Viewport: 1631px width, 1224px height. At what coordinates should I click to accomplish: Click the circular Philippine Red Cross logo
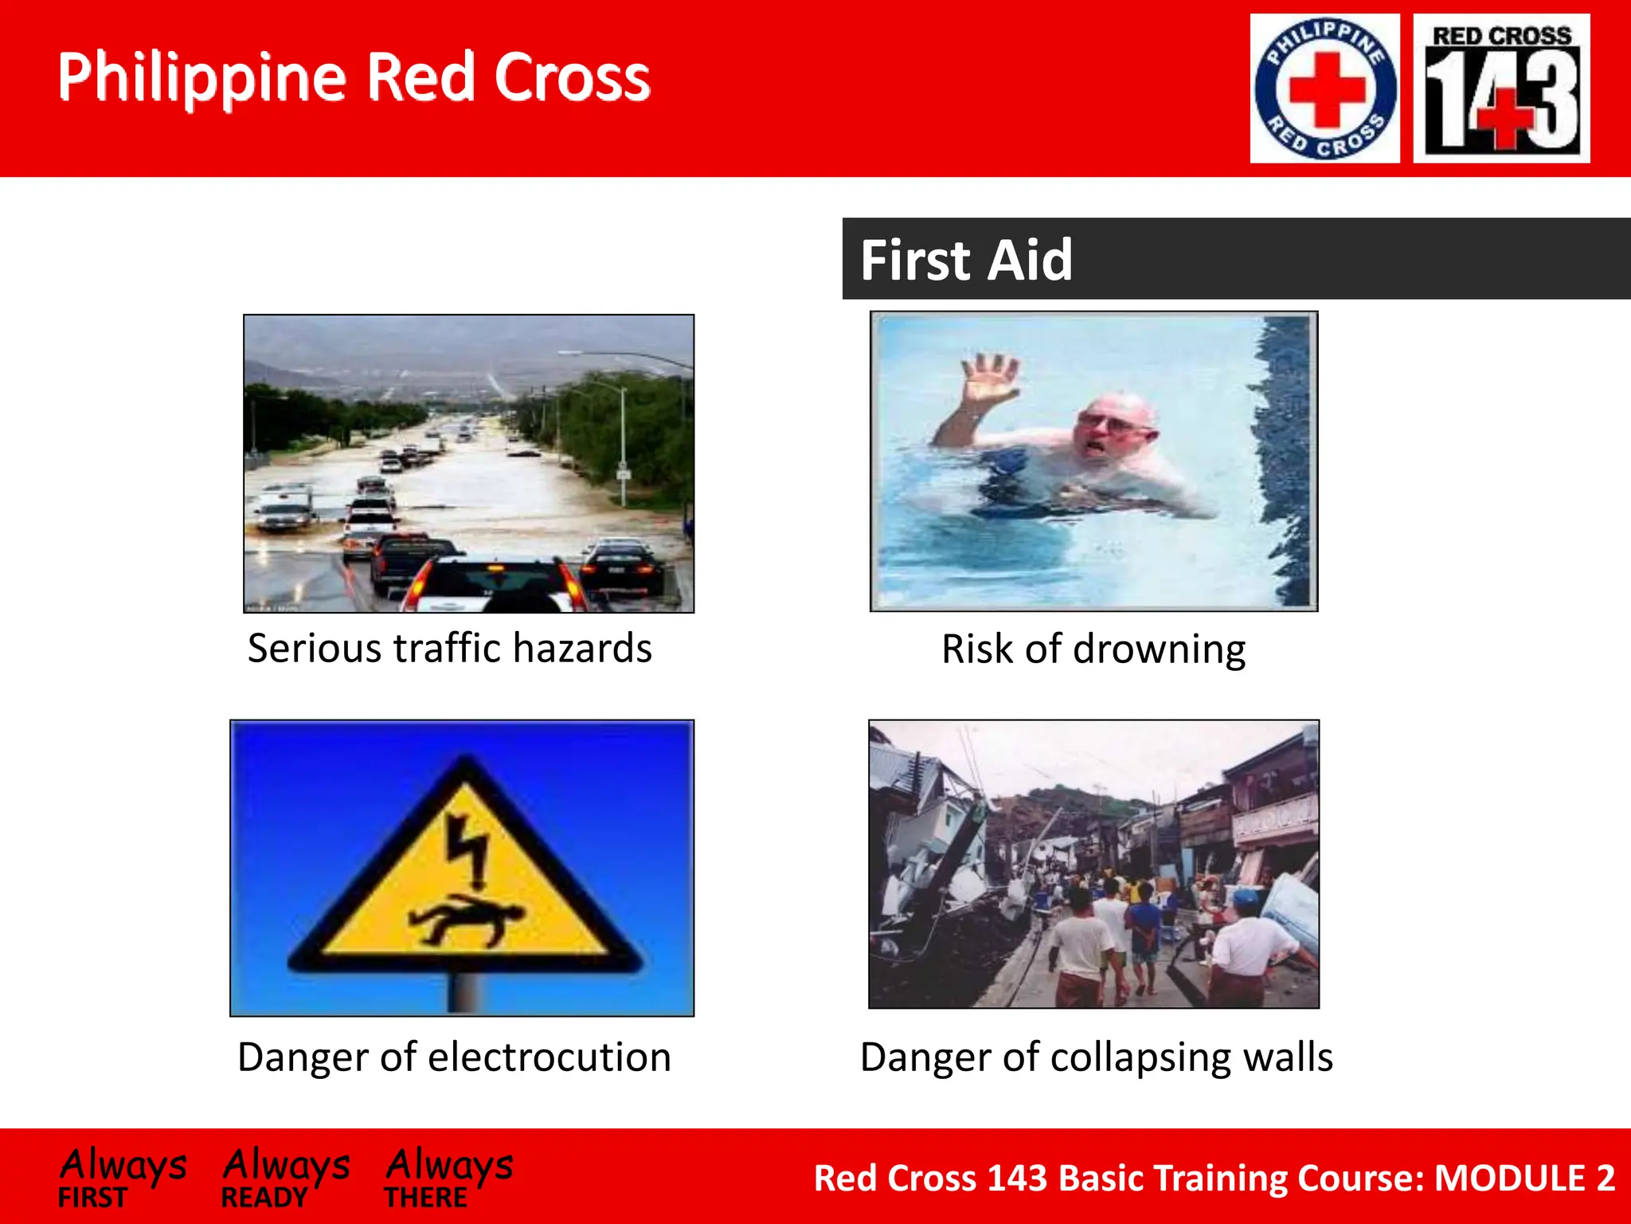tap(1324, 88)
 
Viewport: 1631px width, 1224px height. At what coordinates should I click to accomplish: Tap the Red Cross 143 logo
tap(1501, 88)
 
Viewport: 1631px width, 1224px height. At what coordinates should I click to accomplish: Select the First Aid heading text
tap(966, 260)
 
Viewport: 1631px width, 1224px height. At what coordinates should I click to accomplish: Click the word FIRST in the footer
tap(92, 1198)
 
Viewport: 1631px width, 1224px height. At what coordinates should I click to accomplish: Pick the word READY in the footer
tap(264, 1198)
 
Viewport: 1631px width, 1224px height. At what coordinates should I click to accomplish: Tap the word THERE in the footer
tap(426, 1198)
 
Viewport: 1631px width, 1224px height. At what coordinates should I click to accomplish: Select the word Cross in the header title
tap(572, 77)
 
